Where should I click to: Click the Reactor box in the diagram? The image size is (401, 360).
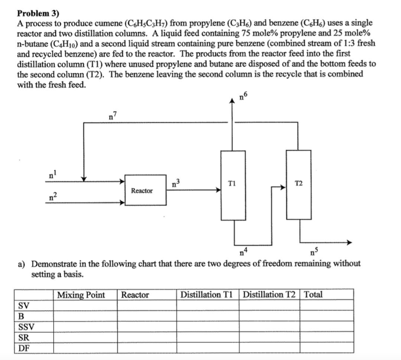coord(142,191)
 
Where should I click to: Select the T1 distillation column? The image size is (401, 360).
coord(233,185)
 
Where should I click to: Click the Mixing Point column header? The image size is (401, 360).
coord(81,295)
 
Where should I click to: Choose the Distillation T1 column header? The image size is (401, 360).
coord(206,295)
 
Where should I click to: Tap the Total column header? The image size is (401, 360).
coord(313,295)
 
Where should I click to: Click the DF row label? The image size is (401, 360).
coord(23,347)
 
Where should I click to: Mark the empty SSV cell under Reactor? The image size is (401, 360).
coord(147,326)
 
